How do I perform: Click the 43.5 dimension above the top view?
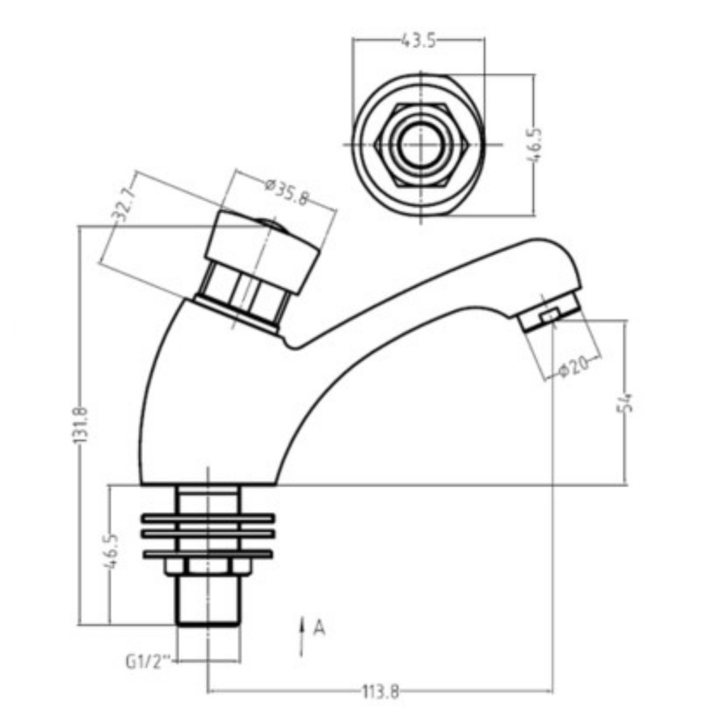pyautogui.click(x=418, y=41)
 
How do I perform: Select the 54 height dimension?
pyautogui.click(x=625, y=401)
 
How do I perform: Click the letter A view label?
pyautogui.click(x=319, y=627)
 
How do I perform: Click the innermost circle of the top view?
pyautogui.click(x=418, y=145)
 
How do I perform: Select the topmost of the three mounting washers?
pyautogui.click(x=208, y=518)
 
